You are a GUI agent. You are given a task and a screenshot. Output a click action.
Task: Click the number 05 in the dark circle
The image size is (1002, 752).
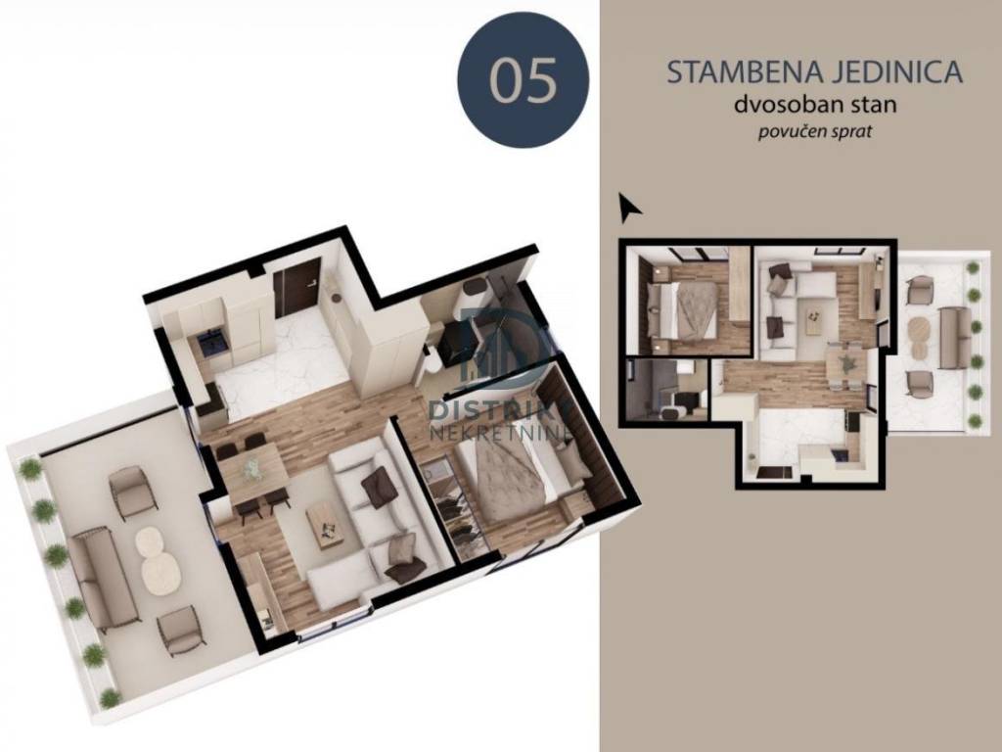pyautogui.click(x=523, y=80)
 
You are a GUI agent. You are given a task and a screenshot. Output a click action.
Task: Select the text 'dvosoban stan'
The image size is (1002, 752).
pyautogui.click(x=815, y=104)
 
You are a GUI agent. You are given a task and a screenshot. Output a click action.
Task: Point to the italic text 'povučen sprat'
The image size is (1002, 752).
pyautogui.click(x=815, y=132)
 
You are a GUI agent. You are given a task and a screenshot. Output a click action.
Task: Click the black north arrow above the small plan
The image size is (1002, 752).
pyautogui.click(x=629, y=208)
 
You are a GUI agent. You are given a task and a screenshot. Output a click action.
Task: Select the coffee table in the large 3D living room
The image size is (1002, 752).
pyautogui.click(x=326, y=525)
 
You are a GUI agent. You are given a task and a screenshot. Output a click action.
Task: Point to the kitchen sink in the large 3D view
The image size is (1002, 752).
pyautogui.click(x=210, y=344)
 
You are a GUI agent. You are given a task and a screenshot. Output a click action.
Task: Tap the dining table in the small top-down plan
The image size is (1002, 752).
pyautogui.click(x=846, y=366)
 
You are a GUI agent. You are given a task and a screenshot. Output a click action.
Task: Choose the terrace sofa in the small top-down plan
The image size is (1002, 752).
pyautogui.click(x=955, y=337)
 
